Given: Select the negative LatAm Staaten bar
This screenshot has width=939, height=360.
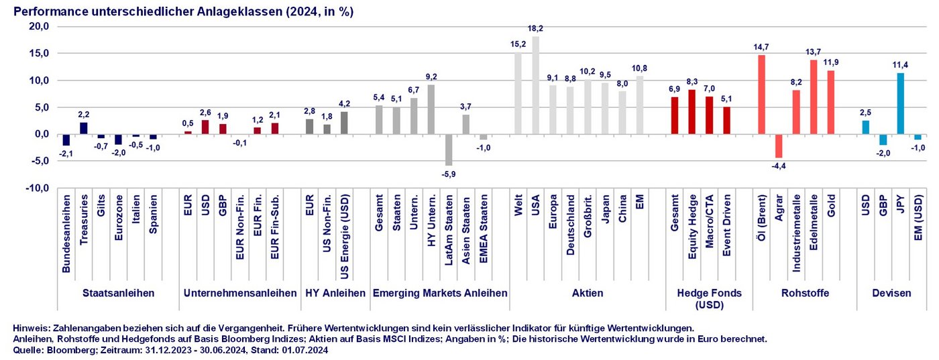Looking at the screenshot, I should tap(449, 149).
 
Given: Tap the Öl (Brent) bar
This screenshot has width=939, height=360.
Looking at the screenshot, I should tap(761, 95).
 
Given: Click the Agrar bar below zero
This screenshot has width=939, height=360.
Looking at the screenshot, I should tap(779, 145).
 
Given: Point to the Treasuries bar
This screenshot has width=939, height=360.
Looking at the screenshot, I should tap(83, 128).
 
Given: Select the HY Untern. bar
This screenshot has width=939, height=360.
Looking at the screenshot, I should tap(431, 109).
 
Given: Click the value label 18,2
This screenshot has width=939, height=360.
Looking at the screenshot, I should tap(535, 29).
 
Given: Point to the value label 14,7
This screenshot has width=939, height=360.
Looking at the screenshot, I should tap(761, 48).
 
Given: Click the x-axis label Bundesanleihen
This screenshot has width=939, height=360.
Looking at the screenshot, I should tap(66, 235).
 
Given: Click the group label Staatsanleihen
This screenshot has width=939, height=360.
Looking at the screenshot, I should tap(118, 293).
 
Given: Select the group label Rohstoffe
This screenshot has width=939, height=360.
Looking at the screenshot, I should tap(805, 293).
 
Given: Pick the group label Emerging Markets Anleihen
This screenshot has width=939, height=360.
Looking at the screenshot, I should tap(439, 293).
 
